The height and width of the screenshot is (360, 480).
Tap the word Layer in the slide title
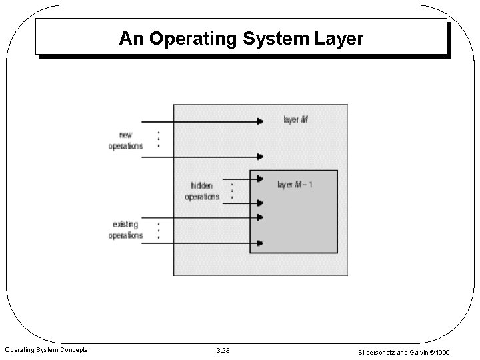coord(337,39)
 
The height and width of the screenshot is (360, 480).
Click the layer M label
coord(295,121)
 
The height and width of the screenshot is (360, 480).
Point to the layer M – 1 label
coord(295,185)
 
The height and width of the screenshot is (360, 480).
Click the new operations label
coord(125,141)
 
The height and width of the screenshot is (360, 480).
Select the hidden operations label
coord(202,191)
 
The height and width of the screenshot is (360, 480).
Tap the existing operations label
coord(125,230)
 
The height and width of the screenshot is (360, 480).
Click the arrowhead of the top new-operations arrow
coord(260,121)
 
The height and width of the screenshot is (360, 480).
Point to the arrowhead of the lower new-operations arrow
coord(260,157)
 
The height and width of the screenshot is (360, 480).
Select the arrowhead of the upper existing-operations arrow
coord(259,218)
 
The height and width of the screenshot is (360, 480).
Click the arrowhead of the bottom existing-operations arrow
coord(259,243)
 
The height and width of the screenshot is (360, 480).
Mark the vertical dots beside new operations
coord(158,139)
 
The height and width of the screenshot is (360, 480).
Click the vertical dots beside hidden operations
coord(231,191)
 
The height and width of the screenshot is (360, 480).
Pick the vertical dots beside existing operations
coord(158,231)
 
